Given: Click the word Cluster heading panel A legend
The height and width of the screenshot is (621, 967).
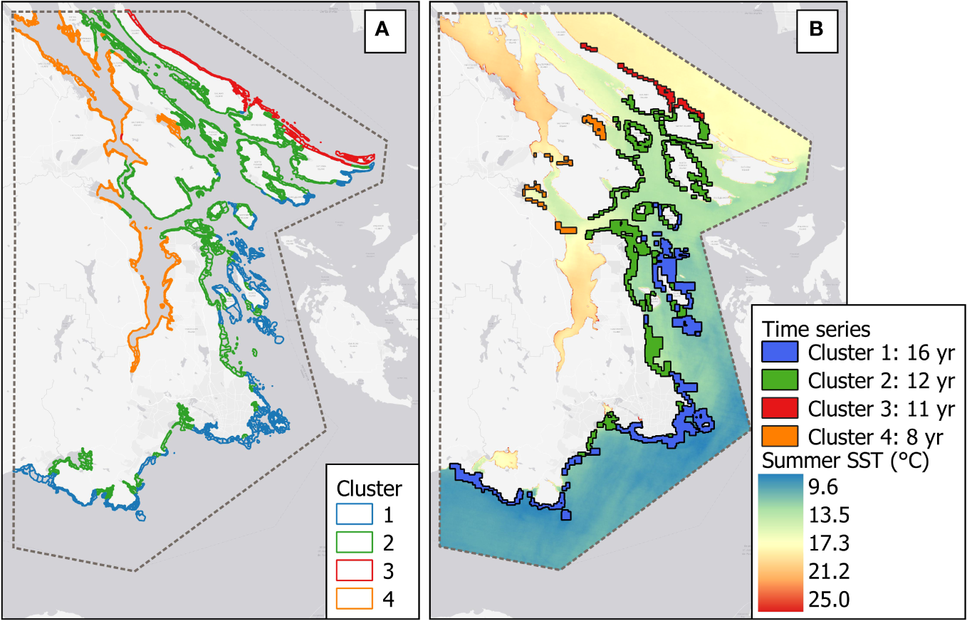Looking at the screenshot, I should [x=369, y=489].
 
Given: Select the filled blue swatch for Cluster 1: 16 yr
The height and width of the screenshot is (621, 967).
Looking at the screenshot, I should [x=780, y=353].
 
